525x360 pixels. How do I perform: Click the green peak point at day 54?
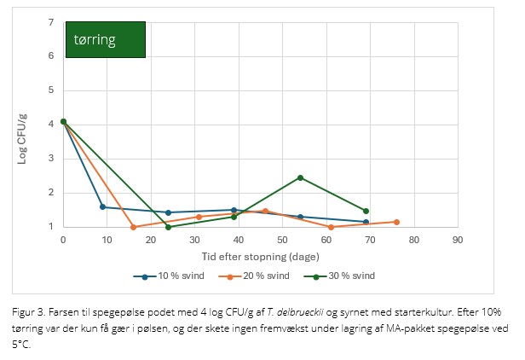click(x=300, y=177)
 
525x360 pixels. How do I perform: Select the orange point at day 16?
click(x=133, y=227)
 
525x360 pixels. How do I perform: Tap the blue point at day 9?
click(x=102, y=206)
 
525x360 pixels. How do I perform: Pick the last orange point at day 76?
click(x=396, y=222)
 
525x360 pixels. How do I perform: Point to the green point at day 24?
click(x=168, y=227)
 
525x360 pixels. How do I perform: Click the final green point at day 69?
click(x=366, y=211)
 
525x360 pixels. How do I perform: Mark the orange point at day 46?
click(x=265, y=211)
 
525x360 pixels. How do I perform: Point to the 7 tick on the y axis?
click(x=50, y=22)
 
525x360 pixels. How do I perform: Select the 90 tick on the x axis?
click(x=457, y=241)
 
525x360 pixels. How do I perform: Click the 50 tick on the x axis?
click(x=282, y=241)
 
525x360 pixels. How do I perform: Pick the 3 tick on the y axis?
click(x=50, y=159)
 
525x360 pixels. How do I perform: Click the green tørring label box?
click(x=105, y=39)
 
